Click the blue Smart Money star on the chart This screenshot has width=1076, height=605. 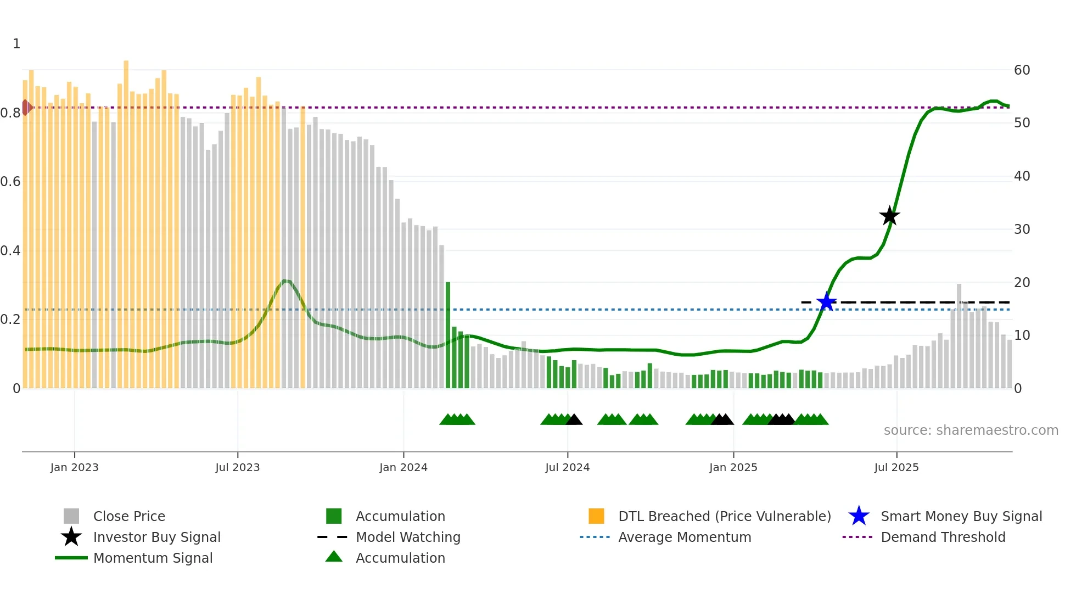pos(826,302)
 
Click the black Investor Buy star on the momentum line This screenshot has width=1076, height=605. pos(889,216)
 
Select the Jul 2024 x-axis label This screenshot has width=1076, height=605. pos(567,467)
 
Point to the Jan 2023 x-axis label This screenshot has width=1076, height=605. pos(74,467)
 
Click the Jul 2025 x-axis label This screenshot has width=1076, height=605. pos(896,467)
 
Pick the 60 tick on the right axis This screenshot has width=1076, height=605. pos(1022,70)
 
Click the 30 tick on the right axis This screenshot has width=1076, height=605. pos(1022,229)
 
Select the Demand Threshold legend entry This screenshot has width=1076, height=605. pos(943,537)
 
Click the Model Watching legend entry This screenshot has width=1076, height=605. pos(408,537)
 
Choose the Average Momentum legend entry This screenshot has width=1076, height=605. pos(684,537)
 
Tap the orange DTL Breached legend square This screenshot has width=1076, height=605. pos(596,516)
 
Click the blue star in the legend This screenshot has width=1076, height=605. pos(859,516)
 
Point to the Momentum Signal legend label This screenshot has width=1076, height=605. pos(153,558)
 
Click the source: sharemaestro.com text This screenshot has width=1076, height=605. pos(971,430)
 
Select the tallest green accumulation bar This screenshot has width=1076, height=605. pos(448,335)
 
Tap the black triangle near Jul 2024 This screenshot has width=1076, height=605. pos(574,420)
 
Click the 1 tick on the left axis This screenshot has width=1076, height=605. pos(16,44)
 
